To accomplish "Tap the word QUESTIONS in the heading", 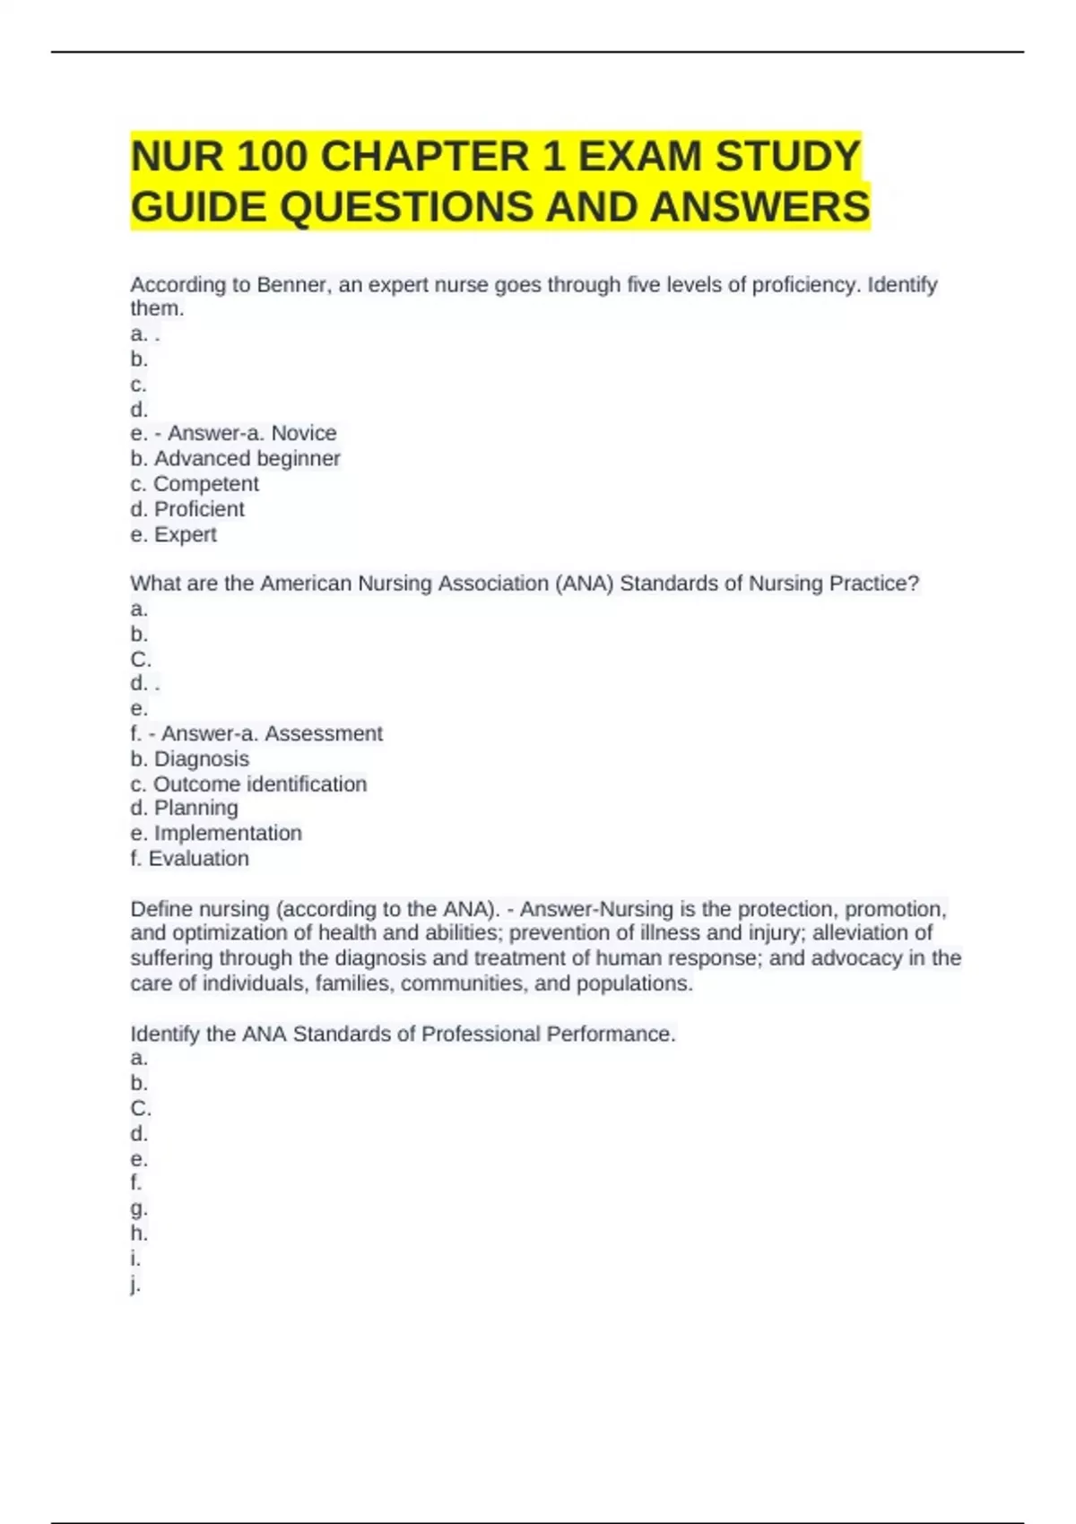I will [x=406, y=207].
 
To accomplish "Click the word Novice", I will [x=304, y=433].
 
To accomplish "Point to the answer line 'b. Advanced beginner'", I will [x=235, y=458].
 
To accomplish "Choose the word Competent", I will [x=206, y=484].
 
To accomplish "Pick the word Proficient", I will [x=199, y=509].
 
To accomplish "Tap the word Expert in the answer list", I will [x=186, y=534].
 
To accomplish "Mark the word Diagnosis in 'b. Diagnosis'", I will [x=202, y=758].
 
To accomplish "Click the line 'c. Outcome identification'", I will [x=248, y=784].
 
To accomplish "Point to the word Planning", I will [x=196, y=808].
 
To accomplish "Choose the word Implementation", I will [x=228, y=833].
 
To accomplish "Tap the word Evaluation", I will [x=199, y=859].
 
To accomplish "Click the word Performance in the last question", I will [x=610, y=1034].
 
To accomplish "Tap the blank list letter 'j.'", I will [x=135, y=1284].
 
